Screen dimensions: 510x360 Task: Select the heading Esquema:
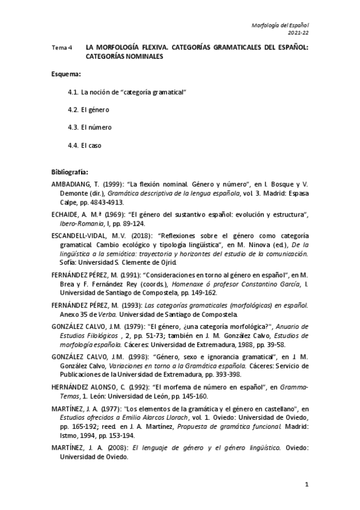click(x=66, y=74)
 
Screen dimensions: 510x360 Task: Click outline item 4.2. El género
click(x=88, y=110)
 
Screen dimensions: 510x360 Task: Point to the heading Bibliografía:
click(x=70, y=171)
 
